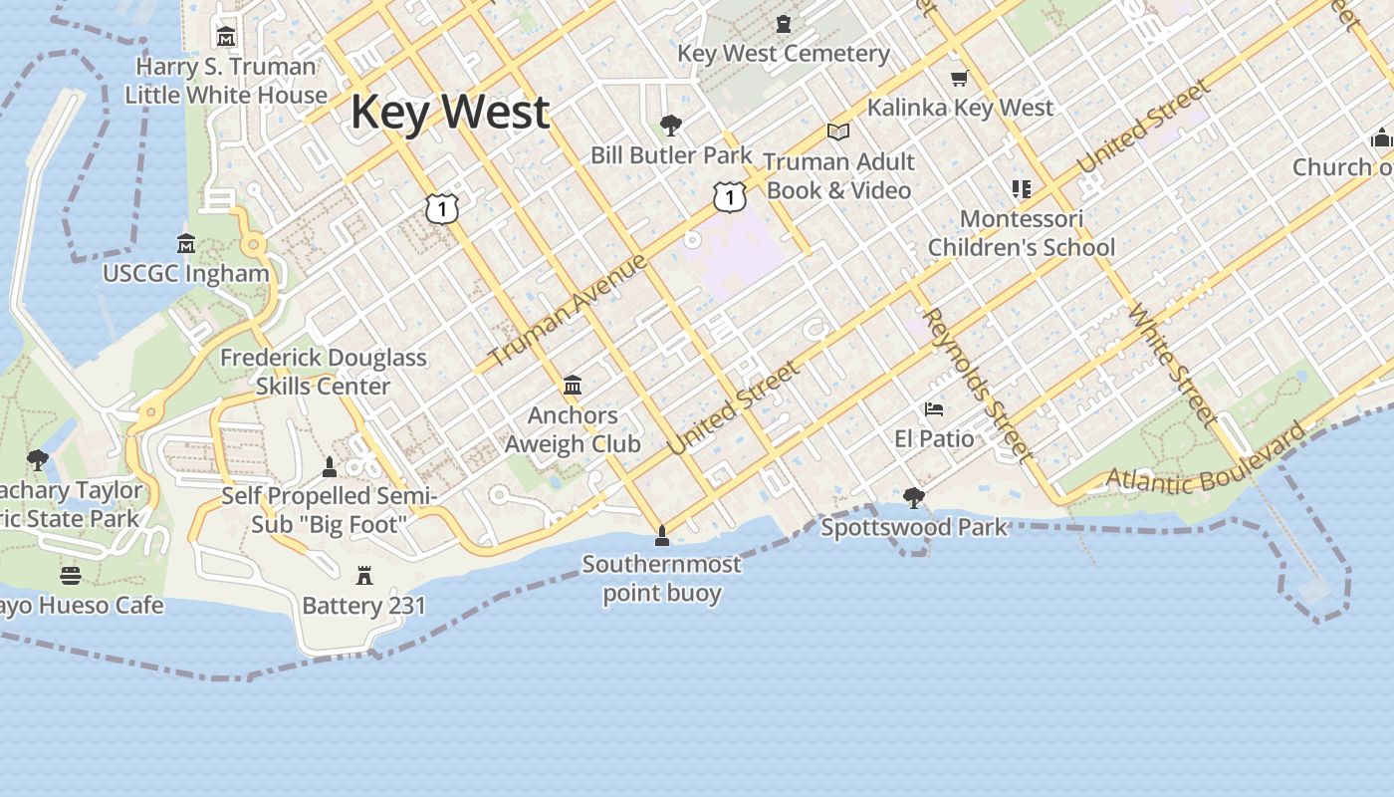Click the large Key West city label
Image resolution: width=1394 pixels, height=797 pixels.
(450, 112)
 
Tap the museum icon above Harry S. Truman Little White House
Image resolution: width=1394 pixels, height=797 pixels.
(226, 37)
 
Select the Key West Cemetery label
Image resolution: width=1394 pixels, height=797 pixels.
(784, 53)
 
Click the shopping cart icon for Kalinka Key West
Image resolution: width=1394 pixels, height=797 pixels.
(959, 78)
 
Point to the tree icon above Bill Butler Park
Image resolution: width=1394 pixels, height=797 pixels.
(671, 126)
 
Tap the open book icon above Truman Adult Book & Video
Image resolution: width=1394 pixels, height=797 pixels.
(838, 132)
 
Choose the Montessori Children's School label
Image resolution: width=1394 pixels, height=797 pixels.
(1022, 233)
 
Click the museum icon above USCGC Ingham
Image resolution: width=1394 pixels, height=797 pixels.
(186, 244)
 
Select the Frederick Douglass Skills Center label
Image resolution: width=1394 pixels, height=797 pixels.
(324, 372)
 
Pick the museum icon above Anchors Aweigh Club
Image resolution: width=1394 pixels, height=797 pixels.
(573, 386)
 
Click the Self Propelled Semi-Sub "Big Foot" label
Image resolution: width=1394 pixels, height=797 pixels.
(329, 509)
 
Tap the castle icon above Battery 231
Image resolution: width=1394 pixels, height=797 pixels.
(364, 575)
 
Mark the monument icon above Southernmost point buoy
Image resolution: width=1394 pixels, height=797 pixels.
(661, 537)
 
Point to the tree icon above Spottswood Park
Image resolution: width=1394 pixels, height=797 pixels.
(913, 497)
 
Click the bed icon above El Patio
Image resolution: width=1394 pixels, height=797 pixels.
(934, 409)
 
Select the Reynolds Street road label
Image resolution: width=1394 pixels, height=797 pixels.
(976, 384)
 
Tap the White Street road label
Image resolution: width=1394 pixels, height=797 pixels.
(1171, 364)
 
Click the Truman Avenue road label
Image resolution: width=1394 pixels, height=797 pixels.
(569, 309)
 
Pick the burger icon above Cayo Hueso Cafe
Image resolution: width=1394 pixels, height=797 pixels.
(70, 576)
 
